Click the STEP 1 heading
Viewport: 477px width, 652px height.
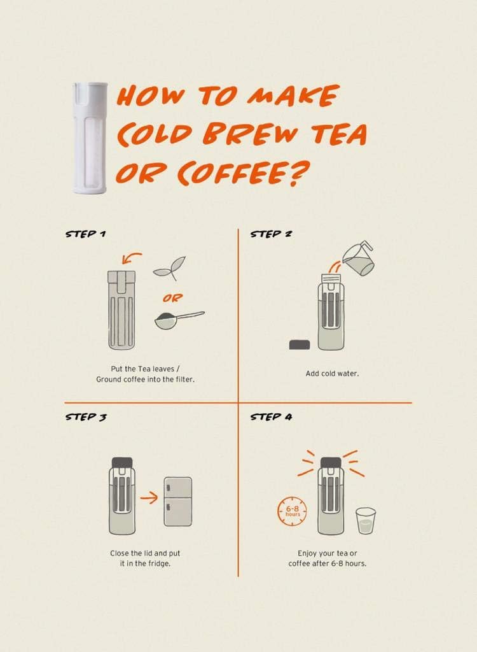[x=85, y=234]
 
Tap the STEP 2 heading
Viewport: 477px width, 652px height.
[x=270, y=234]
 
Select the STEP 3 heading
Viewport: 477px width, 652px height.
[x=86, y=416]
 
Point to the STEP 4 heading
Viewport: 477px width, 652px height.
[x=271, y=416]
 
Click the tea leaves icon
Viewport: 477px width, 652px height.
[x=170, y=268]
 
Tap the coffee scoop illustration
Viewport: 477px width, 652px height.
[x=179, y=320]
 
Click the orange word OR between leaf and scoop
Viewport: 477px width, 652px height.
[x=172, y=298]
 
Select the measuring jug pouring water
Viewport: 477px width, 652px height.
[x=358, y=258]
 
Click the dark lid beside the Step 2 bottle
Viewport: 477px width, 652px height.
[x=300, y=344]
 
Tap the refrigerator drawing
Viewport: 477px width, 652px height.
[x=178, y=502]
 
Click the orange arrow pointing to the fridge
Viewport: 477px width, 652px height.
[x=149, y=498]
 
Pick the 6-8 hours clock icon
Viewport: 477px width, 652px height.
[x=292, y=511]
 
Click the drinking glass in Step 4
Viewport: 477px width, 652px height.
[x=366, y=520]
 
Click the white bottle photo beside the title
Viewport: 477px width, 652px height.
[x=90, y=138]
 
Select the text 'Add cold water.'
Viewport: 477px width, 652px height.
[x=332, y=373]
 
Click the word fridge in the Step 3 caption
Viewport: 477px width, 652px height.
[x=159, y=564]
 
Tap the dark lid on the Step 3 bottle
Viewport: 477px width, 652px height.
[x=122, y=462]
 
